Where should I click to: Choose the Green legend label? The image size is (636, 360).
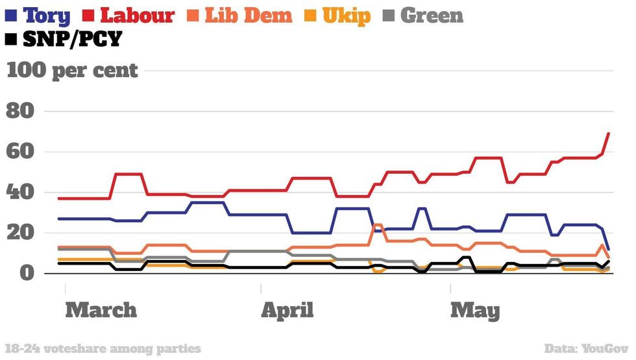[x=432, y=15]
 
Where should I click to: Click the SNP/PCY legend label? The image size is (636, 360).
[x=71, y=40]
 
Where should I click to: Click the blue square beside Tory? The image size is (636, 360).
[x=11, y=15]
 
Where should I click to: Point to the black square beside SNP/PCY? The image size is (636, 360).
[x=11, y=40]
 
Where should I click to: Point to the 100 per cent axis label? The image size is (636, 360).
[x=72, y=70]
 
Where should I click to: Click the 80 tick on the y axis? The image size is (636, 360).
[x=19, y=112]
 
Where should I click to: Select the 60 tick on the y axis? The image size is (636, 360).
[x=19, y=152]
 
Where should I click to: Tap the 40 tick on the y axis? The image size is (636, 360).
[x=19, y=193]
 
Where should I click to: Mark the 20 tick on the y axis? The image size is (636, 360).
[x=19, y=233]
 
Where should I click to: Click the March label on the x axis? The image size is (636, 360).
[x=101, y=310]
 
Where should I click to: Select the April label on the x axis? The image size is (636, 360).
[x=287, y=310]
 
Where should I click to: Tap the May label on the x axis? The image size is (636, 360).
[x=475, y=310]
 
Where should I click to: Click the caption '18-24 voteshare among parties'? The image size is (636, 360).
[x=103, y=349]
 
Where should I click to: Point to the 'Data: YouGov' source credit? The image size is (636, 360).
[x=587, y=349]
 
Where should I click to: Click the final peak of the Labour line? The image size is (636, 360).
[x=609, y=133]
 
